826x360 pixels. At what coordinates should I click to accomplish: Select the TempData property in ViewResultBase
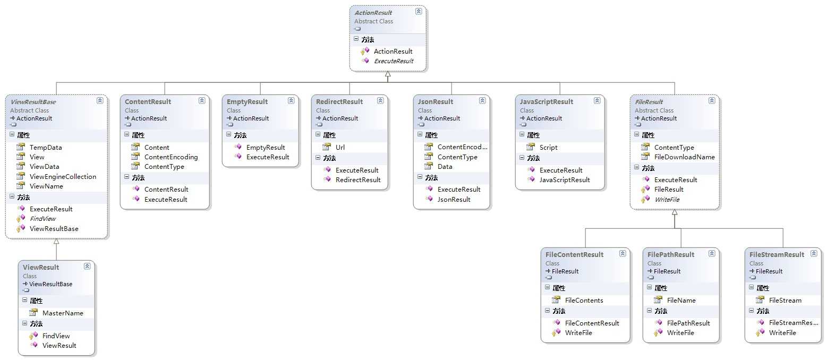tap(46, 148)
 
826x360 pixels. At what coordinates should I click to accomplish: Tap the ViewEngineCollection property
tap(63, 177)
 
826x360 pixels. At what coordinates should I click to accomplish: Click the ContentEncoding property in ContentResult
tap(171, 157)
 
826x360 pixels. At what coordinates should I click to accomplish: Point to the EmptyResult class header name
tap(248, 102)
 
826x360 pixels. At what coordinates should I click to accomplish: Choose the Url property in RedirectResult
tap(340, 148)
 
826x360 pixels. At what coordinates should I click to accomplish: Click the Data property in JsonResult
tap(445, 167)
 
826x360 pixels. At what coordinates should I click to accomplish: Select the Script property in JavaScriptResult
tap(548, 148)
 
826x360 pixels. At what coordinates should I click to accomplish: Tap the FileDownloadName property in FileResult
tap(684, 157)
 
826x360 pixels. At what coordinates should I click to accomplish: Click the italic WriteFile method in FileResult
tap(667, 200)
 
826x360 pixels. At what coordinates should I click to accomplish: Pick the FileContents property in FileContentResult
tap(584, 301)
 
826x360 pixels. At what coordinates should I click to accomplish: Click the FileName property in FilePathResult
tap(681, 301)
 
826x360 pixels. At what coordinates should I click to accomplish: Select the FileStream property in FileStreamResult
tap(785, 301)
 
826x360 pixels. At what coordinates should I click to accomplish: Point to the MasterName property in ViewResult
tap(63, 313)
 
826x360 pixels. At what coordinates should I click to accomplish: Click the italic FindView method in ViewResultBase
tap(42, 219)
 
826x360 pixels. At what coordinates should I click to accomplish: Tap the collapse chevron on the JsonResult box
tap(482, 100)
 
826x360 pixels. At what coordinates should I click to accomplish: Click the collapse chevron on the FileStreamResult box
tap(813, 254)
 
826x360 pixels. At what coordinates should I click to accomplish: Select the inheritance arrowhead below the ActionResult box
tap(388, 75)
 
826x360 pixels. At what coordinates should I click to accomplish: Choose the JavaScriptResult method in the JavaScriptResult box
tap(565, 180)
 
